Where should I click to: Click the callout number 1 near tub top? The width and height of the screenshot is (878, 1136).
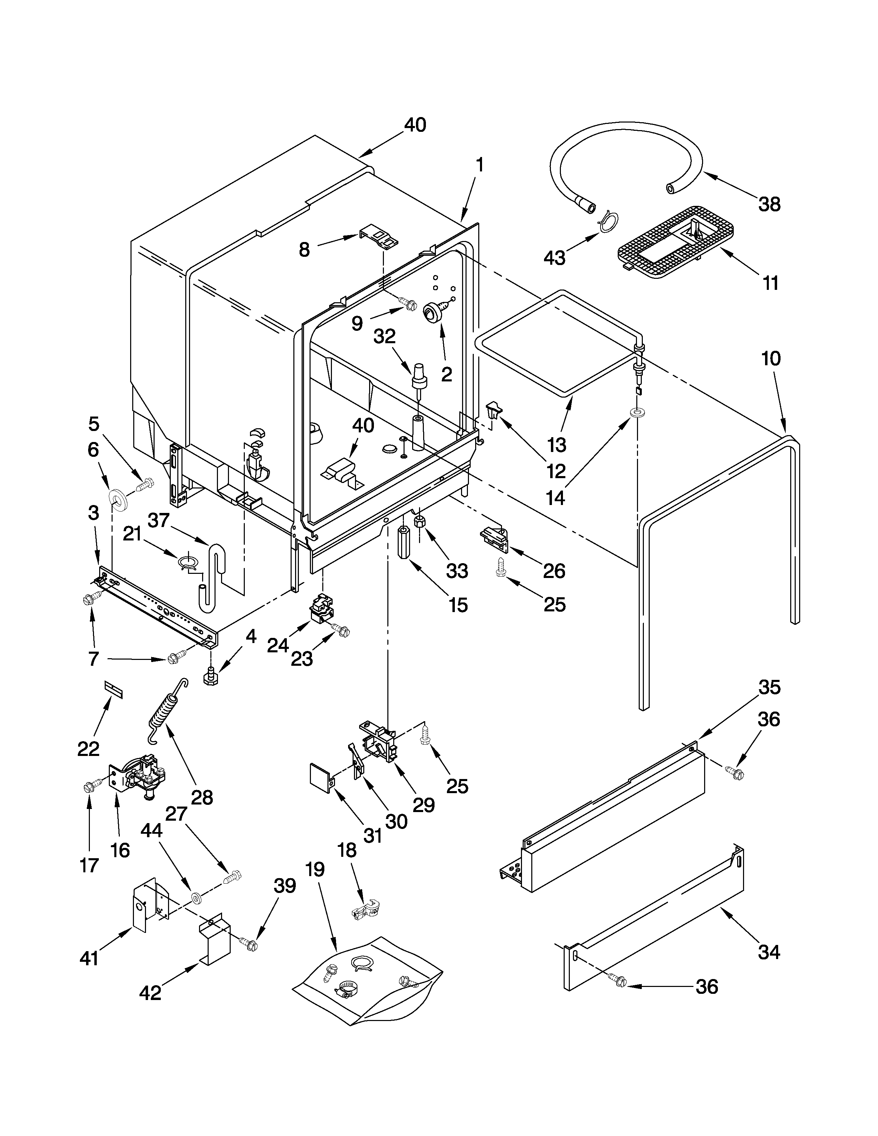pyautogui.click(x=480, y=165)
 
